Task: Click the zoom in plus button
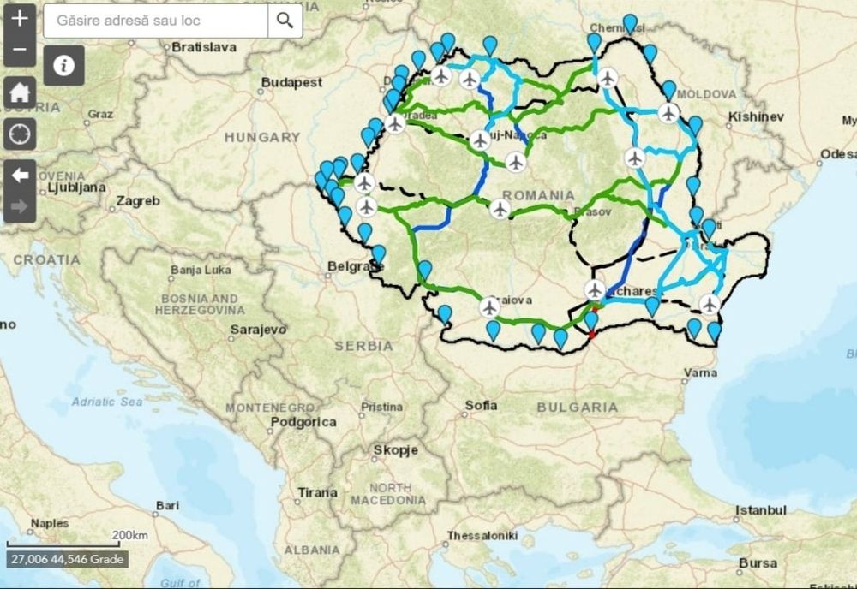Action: point(20,18)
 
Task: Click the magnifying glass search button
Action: point(285,20)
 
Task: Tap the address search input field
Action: point(155,20)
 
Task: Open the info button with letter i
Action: point(64,65)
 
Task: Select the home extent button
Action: point(20,92)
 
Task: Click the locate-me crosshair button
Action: point(20,134)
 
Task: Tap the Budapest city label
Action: point(292,83)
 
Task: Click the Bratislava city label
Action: point(203,47)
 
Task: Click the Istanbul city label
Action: point(760,510)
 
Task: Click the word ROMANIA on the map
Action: point(539,194)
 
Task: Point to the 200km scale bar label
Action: point(129,535)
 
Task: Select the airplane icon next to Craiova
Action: point(490,306)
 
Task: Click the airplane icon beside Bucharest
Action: point(596,289)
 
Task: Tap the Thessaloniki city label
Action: point(482,536)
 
